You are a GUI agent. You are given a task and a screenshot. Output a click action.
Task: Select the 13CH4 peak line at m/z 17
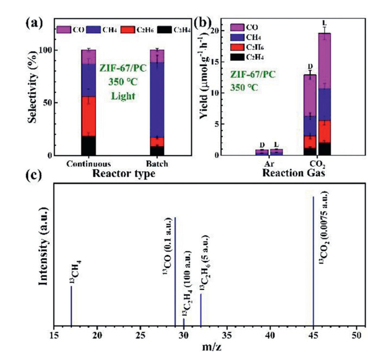71,307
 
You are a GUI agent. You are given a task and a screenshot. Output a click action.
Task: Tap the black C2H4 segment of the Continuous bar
88,145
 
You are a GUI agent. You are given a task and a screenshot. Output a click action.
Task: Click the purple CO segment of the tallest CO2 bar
324,61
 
